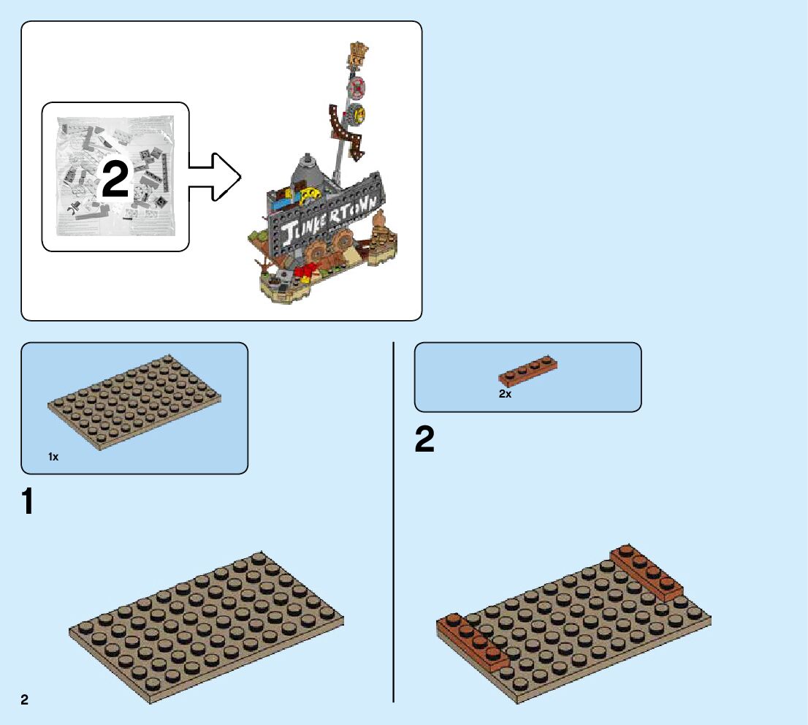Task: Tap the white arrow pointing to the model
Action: pyautogui.click(x=214, y=176)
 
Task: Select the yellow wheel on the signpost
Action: pyautogui.click(x=358, y=114)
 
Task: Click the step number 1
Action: pyautogui.click(x=28, y=502)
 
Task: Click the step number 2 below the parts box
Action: pyautogui.click(x=424, y=441)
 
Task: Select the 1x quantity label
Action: pyautogui.click(x=53, y=457)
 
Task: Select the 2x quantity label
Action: pyautogui.click(x=505, y=394)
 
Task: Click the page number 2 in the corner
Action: pyautogui.click(x=25, y=700)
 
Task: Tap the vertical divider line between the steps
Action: pyautogui.click(x=394, y=522)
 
